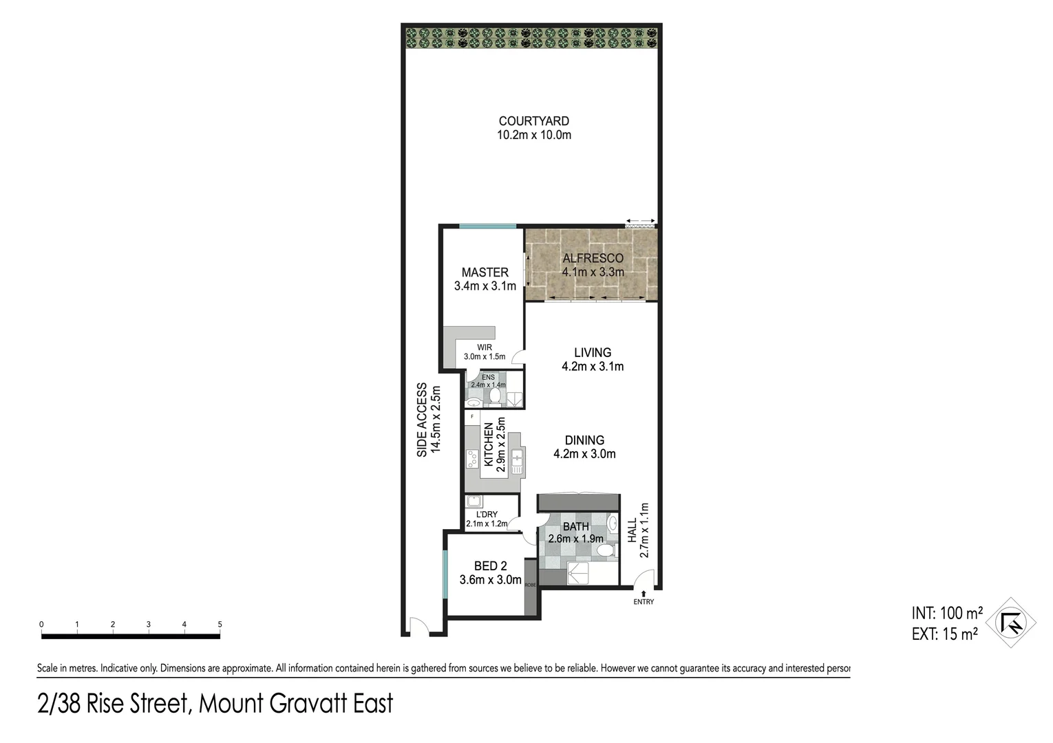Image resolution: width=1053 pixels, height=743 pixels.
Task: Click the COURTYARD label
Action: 533,121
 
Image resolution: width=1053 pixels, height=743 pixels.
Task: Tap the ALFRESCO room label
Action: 593,259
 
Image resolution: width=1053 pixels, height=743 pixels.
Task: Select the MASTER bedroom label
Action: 485,272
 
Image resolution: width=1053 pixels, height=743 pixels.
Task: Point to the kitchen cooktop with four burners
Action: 472,458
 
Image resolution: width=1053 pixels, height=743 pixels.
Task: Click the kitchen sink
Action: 517,459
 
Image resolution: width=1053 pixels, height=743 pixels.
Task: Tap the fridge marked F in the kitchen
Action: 472,417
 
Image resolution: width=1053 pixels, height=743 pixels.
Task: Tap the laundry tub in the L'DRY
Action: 474,502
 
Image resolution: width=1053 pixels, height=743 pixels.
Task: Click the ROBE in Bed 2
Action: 531,586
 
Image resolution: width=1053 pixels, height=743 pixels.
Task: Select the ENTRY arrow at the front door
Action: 643,594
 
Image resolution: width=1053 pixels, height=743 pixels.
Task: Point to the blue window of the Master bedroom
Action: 487,226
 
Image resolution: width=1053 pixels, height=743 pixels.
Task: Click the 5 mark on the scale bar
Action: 220,625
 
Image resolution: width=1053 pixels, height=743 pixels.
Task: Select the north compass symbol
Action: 1011,623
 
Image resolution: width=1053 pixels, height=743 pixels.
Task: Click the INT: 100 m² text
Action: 946,612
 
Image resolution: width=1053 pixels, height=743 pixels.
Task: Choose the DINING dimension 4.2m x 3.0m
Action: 584,454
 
